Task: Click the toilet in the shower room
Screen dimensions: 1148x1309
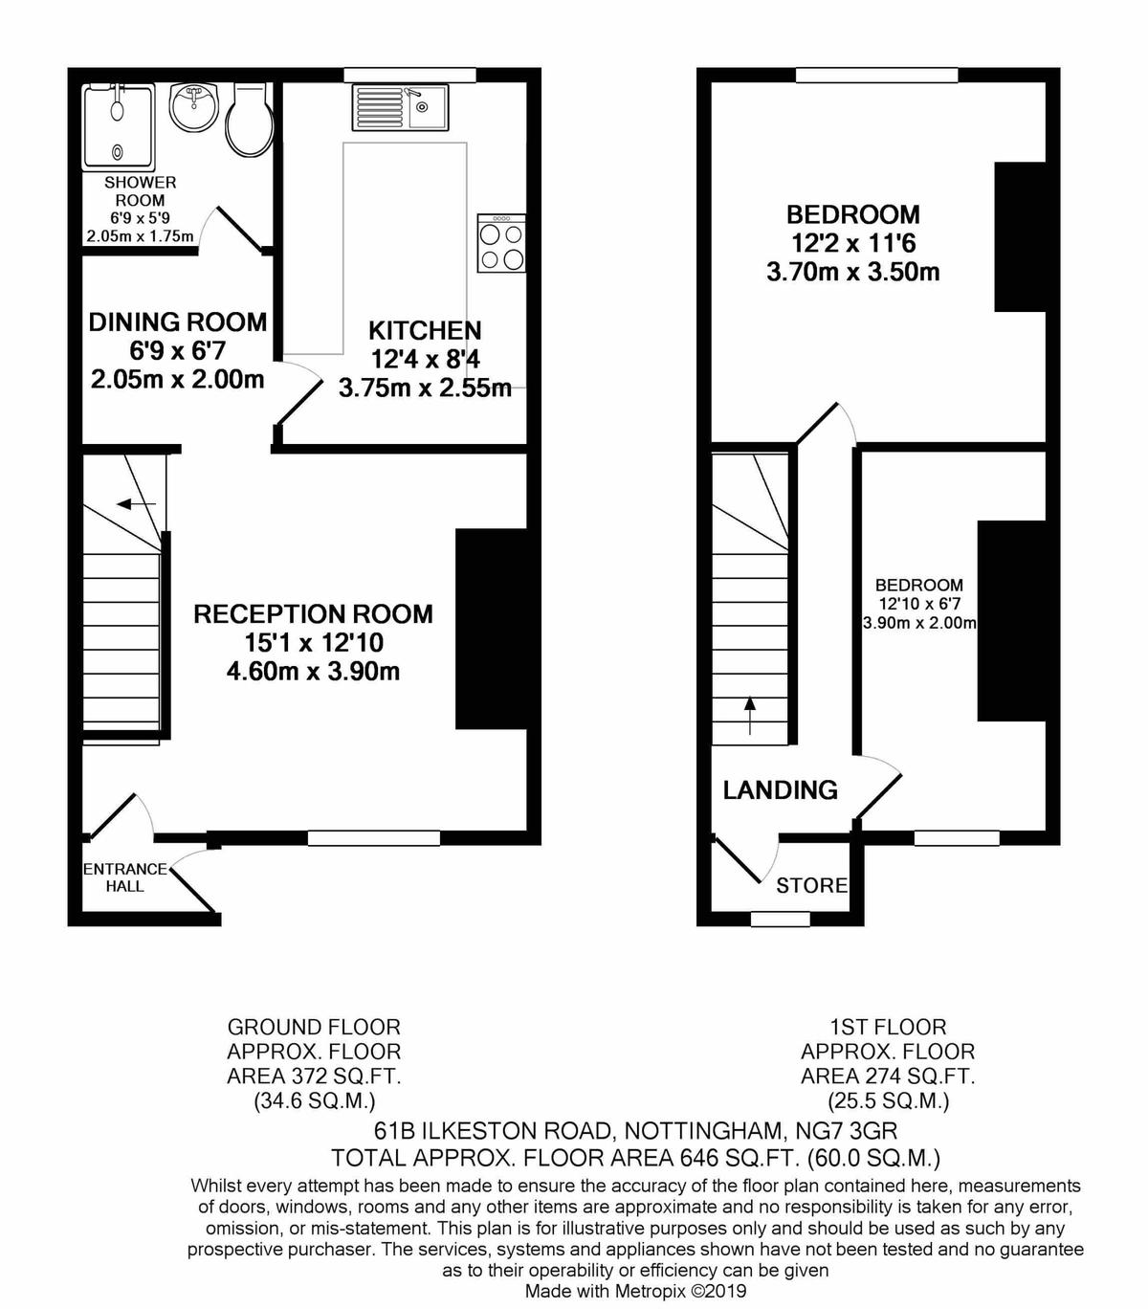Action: (x=249, y=120)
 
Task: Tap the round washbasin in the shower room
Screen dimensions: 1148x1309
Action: (x=194, y=108)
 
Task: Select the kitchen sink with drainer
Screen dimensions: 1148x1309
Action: (x=400, y=107)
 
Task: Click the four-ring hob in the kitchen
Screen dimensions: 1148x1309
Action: (x=501, y=243)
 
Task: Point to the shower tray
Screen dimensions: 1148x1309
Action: (x=119, y=127)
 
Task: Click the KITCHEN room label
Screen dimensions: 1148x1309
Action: (x=425, y=331)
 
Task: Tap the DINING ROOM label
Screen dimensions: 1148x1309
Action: (x=178, y=322)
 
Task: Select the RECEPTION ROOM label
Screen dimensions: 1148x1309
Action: (x=314, y=613)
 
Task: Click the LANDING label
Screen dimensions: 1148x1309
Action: (x=780, y=789)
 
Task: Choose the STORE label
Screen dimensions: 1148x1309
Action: (x=811, y=885)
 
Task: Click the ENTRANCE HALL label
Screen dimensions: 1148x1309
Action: (x=125, y=877)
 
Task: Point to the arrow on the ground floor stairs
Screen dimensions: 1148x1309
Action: (x=136, y=503)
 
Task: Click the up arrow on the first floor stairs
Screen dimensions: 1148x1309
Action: (x=749, y=715)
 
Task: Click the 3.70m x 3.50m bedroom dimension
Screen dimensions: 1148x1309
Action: (x=852, y=273)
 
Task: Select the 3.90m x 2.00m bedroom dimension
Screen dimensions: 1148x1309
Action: (x=919, y=624)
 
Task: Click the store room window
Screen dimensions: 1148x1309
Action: (x=781, y=918)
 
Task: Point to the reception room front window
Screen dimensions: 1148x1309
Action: (x=373, y=838)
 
